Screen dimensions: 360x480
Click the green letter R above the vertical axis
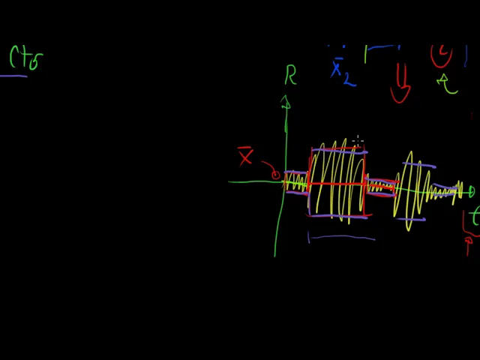click(x=290, y=75)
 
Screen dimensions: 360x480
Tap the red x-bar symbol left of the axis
click(x=245, y=157)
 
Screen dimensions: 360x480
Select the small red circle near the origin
click(x=275, y=175)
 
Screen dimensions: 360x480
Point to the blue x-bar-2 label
click(x=340, y=72)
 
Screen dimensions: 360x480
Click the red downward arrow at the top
click(x=400, y=84)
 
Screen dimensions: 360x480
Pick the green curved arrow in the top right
click(x=448, y=83)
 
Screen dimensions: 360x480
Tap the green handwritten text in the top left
click(x=25, y=58)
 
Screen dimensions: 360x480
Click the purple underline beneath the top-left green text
click(x=13, y=76)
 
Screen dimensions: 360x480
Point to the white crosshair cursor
click(x=358, y=140)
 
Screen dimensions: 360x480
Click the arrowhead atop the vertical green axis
click(x=286, y=103)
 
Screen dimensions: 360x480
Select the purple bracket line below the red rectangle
click(x=341, y=238)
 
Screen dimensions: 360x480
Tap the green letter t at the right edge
click(x=474, y=217)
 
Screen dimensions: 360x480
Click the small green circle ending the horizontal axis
click(x=471, y=193)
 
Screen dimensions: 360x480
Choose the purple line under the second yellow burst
click(x=411, y=219)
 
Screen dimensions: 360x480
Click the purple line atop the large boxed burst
click(x=339, y=151)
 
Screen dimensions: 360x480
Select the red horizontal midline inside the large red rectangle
click(x=337, y=183)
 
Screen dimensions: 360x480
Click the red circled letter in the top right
click(x=442, y=55)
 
